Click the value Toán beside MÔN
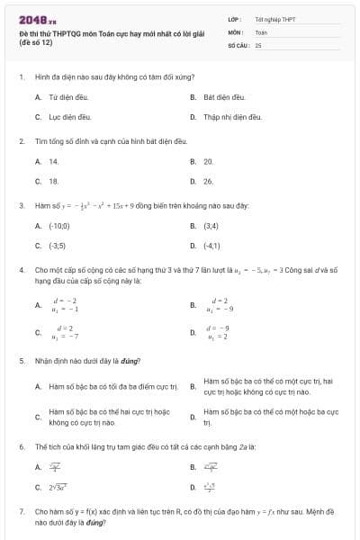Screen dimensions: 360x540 point(261,31)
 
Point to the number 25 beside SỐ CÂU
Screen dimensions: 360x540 point(258,44)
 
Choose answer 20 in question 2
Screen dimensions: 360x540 point(209,161)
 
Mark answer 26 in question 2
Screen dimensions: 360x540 point(209,181)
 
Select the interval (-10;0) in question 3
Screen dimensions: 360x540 point(59,225)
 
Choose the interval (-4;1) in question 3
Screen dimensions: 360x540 point(212,245)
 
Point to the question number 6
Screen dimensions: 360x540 point(21,446)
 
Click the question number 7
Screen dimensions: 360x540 point(21,510)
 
